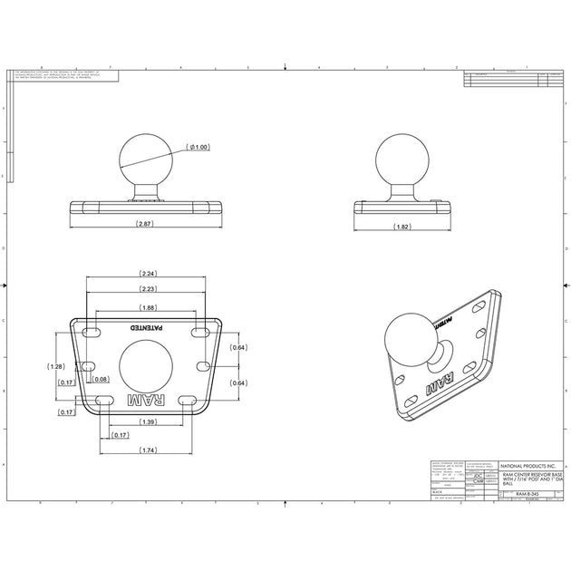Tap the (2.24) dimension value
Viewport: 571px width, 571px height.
coord(149,273)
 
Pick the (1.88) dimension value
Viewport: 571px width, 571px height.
coord(149,307)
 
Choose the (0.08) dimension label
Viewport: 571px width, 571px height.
coord(101,380)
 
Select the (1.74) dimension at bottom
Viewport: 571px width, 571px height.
coord(149,450)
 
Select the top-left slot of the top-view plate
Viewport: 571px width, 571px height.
coord(92,334)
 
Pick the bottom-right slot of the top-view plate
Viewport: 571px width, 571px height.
coord(187,399)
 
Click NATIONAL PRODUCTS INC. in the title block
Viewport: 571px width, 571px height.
coord(527,463)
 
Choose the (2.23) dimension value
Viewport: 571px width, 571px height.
coord(149,288)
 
